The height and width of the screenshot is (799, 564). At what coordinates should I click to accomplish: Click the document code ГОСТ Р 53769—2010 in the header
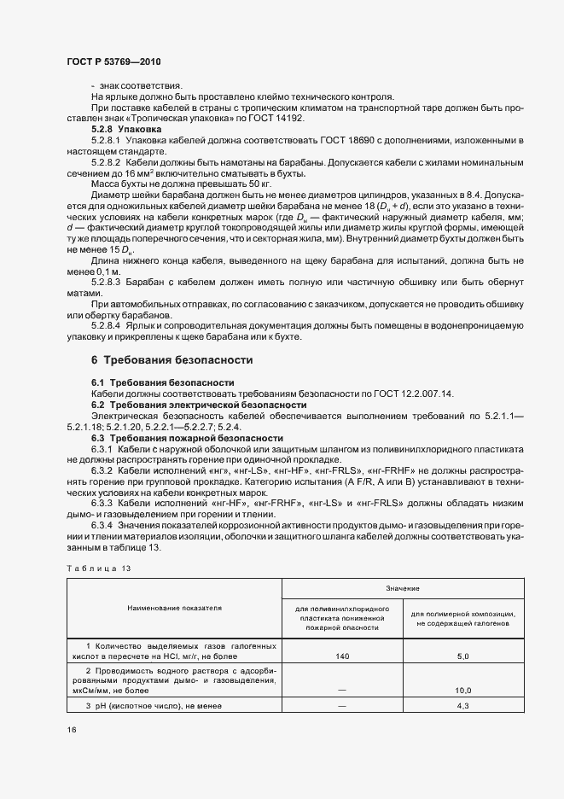113,62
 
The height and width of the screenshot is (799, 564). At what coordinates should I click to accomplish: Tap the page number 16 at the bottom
72,731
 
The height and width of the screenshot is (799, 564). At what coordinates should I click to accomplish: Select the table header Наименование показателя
174,608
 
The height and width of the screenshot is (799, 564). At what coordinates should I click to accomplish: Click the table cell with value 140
343,656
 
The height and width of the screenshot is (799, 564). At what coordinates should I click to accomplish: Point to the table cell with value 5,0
463,656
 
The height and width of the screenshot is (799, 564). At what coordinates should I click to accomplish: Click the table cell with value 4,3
463,707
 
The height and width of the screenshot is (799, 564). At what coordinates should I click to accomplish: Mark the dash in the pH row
343,707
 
